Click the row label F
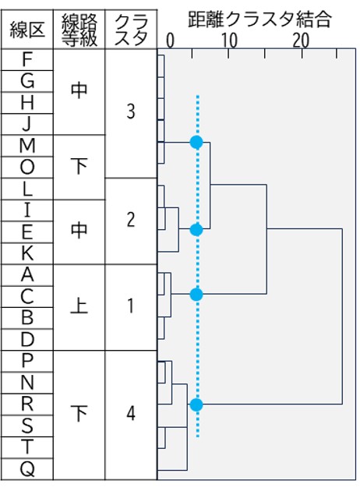[27, 59]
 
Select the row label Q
[27, 469]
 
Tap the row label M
[27, 146]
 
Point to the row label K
[27, 253]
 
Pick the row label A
[27, 275]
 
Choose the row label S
[27, 426]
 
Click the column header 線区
[27, 30]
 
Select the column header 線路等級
[79, 30]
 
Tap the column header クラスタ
[131, 30]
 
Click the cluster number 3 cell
[131, 111]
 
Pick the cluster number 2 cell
[131, 220]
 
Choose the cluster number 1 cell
[131, 306]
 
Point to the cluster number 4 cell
[131, 413]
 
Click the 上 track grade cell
[79, 306]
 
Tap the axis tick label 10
[229, 41]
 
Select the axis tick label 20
[301, 41]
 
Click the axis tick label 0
[170, 41]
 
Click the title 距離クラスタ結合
[259, 19]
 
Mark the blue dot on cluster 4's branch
[196, 405]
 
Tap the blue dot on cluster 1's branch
[196, 295]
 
